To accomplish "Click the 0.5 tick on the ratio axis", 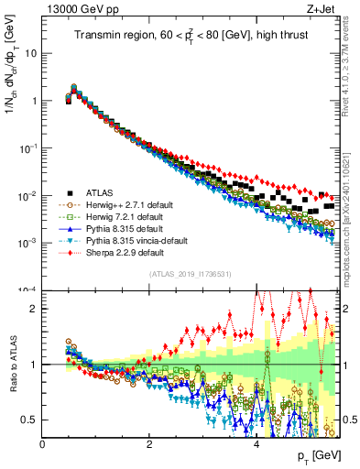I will click(31, 420).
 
